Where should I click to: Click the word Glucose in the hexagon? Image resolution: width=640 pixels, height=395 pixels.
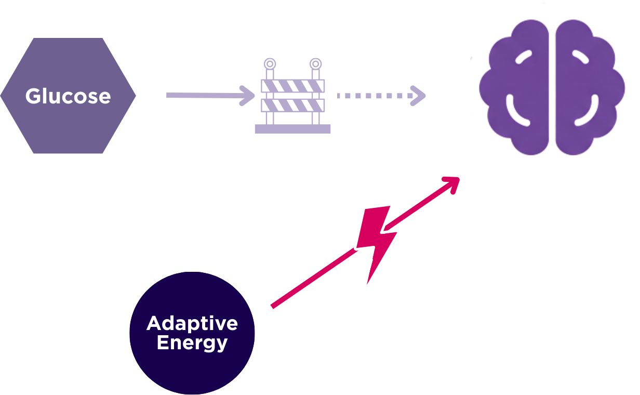(68, 96)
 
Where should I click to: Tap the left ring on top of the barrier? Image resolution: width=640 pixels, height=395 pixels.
(270, 64)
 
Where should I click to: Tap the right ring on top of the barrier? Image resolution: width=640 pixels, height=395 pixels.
(315, 64)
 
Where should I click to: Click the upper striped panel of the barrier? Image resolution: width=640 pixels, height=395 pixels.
(292, 86)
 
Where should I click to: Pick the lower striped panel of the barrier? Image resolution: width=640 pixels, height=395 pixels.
(292, 106)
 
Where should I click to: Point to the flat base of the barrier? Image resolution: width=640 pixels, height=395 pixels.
(292, 129)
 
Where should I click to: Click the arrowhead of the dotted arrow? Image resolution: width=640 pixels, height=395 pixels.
(419, 96)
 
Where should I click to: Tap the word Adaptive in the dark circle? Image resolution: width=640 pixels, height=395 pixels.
(192, 323)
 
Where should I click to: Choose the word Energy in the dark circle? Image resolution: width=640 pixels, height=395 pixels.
(192, 343)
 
